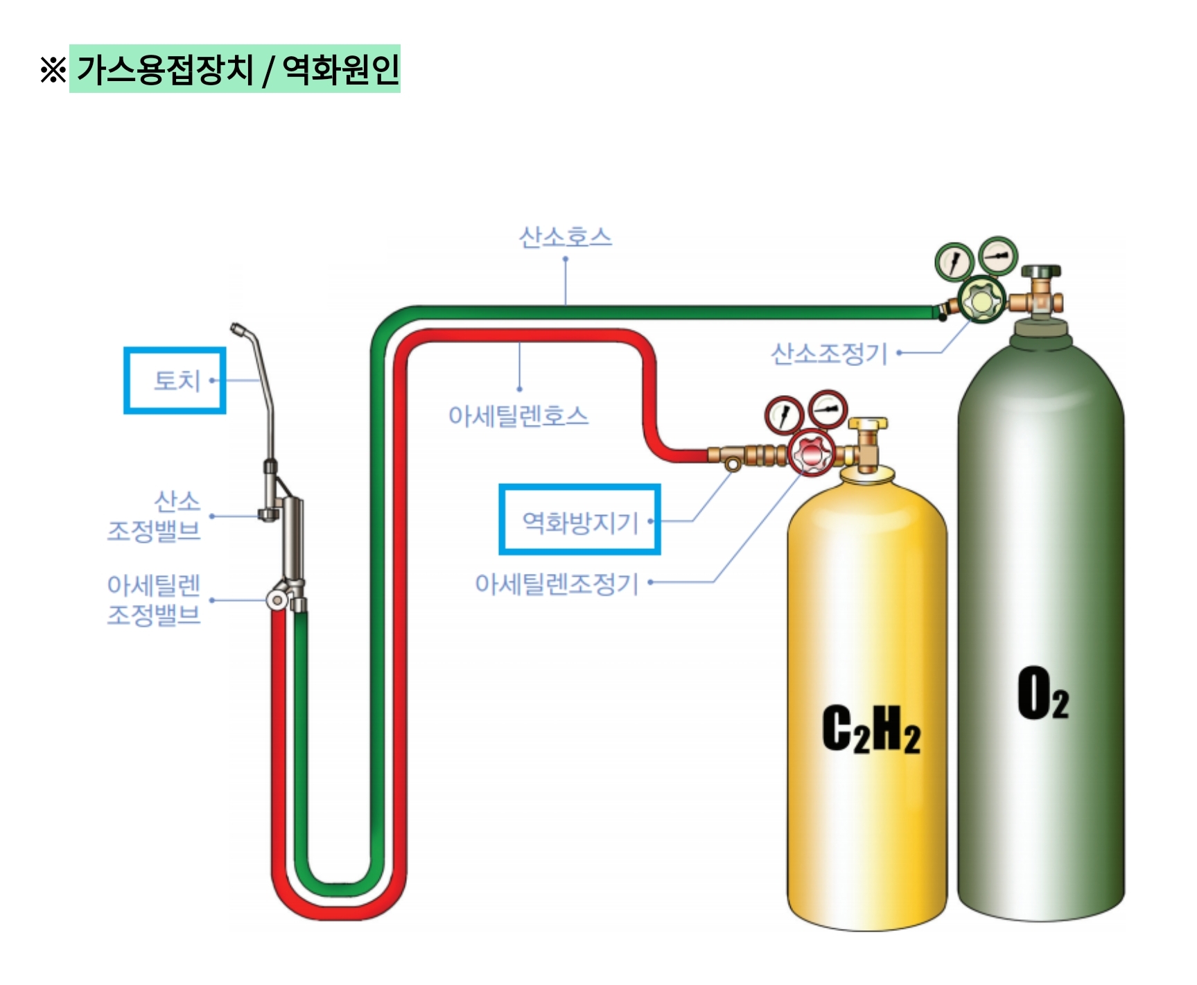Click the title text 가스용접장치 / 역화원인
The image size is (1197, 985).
[236, 69]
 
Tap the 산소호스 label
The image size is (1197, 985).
[565, 237]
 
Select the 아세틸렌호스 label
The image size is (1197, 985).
[518, 416]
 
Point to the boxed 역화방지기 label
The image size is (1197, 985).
[579, 521]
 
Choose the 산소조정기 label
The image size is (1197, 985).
[829, 354]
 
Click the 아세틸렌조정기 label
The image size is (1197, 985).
[556, 584]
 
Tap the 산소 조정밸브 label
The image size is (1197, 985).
[154, 516]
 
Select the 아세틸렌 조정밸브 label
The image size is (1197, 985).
[154, 600]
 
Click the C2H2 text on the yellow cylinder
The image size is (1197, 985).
[871, 729]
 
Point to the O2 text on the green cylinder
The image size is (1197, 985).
[1042, 694]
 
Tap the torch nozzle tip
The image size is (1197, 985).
[238, 329]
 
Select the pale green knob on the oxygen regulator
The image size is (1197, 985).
[981, 301]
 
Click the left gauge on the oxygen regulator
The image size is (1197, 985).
[954, 262]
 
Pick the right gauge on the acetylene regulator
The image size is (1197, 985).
[828, 408]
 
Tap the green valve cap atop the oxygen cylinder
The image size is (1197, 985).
[1040, 270]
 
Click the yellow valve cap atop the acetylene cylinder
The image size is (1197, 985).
[866, 423]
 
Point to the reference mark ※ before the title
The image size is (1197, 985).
[53, 70]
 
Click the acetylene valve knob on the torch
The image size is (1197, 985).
[278, 600]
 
